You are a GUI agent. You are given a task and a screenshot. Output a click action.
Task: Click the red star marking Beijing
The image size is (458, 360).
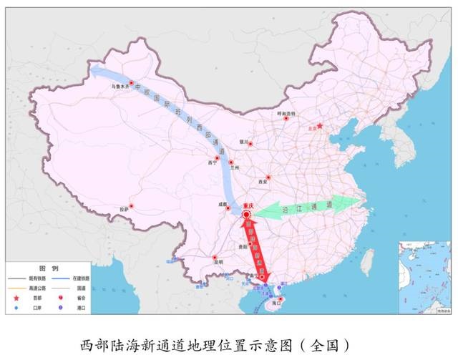click(x=320, y=127)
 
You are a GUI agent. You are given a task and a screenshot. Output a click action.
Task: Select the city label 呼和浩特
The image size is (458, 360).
click(x=286, y=113)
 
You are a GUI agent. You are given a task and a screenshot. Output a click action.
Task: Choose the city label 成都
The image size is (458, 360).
click(x=223, y=203)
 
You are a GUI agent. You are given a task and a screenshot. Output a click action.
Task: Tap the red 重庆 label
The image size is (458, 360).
click(x=248, y=205)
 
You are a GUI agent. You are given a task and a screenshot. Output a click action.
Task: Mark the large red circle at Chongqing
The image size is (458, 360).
click(x=247, y=214)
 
